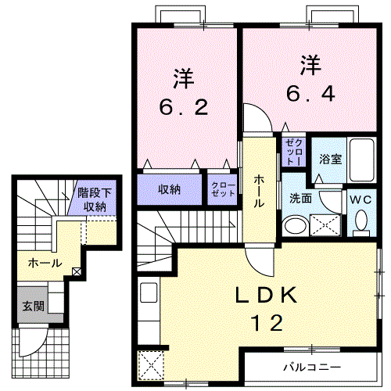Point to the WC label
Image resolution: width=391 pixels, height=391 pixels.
pos(361,199)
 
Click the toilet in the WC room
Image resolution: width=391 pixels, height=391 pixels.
pos(361,222)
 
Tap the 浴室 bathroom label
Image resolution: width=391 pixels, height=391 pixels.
pos(329,159)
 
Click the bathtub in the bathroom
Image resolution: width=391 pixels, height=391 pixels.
pos(362,160)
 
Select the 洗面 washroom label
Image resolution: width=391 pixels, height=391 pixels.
pos(300,199)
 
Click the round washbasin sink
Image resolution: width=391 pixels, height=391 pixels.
pos(295,227)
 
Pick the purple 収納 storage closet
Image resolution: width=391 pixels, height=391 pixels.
pos(170,188)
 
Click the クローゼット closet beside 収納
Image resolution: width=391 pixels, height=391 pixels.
pos(223,189)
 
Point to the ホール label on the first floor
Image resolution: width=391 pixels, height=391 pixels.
pos(45,264)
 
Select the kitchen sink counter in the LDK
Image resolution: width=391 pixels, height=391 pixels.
pos(148,297)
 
